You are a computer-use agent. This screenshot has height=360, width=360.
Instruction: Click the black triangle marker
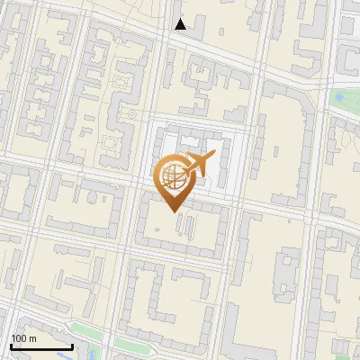click(x=181, y=24)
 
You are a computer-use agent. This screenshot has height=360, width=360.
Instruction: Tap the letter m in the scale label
click(x=32, y=338)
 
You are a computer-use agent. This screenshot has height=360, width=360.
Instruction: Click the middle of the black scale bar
click(x=41, y=346)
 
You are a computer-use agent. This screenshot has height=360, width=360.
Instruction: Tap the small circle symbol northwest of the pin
click(x=131, y=114)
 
